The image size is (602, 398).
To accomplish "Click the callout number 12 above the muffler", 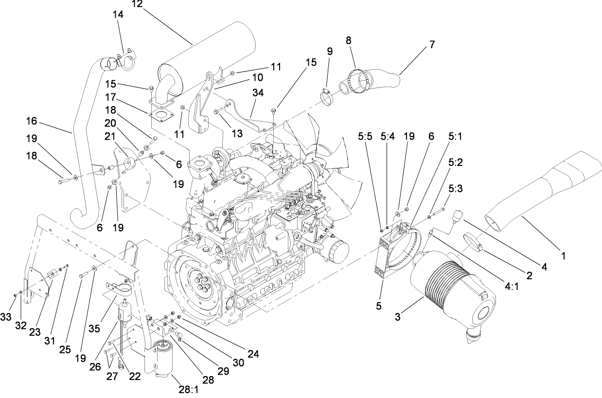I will click(x=137, y=4).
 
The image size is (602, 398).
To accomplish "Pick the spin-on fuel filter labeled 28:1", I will click(x=163, y=358).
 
